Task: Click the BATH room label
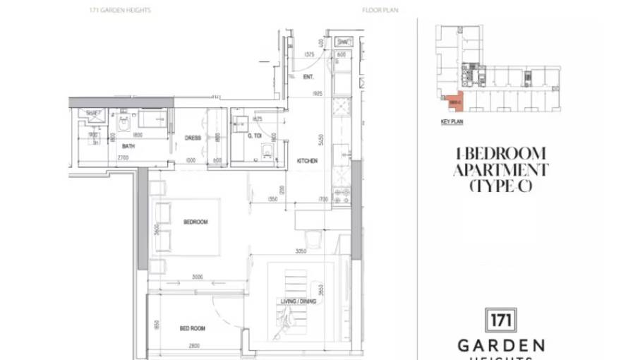click(128, 146)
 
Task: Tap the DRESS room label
click(193, 138)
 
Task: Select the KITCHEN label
click(307, 161)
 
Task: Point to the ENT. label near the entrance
click(308, 76)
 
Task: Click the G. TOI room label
click(255, 136)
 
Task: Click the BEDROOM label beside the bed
click(195, 222)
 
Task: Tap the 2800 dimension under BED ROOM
click(194, 345)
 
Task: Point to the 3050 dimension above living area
click(300, 251)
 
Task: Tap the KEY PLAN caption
click(451, 122)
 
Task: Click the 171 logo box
click(501, 320)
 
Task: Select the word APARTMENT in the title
click(500, 170)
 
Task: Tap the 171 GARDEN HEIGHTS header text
click(121, 11)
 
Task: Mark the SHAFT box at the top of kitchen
click(342, 42)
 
